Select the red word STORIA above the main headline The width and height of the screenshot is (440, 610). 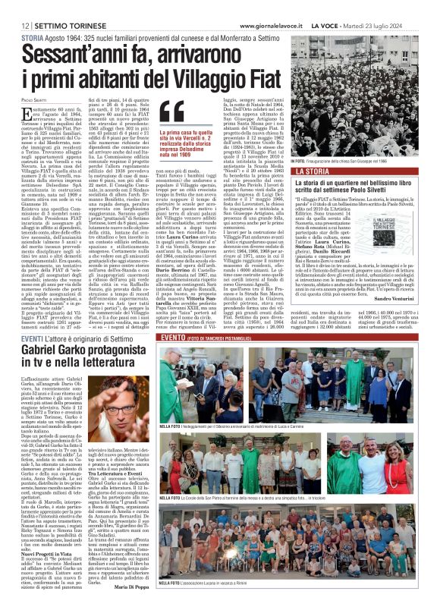pos(32,37)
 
